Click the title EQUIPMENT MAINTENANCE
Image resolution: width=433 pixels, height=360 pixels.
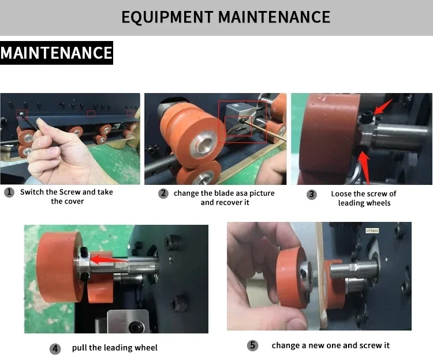click(226, 17)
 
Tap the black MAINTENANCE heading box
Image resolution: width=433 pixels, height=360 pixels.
click(57, 53)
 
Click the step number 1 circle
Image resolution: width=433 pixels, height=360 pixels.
click(9, 192)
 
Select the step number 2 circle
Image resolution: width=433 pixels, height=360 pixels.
click(163, 193)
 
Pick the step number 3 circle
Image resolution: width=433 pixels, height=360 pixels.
click(312, 194)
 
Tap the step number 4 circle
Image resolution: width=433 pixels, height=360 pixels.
click(55, 348)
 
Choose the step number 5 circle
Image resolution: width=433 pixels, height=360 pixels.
click(252, 346)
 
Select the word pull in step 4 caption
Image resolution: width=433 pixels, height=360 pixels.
click(79, 348)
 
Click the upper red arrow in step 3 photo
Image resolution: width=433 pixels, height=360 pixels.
click(383, 107)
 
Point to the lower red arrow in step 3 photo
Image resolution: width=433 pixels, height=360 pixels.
click(365, 168)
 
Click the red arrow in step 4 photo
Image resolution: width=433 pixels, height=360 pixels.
click(109, 260)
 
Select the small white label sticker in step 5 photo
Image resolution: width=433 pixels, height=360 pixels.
click(372, 231)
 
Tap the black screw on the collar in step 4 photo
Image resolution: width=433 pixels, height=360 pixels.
click(84, 251)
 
